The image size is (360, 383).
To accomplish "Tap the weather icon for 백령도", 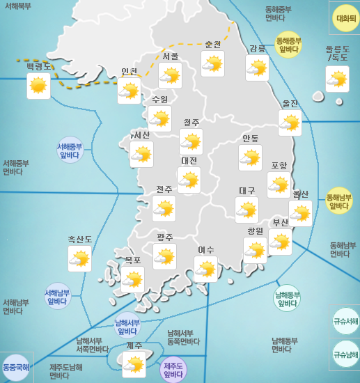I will coord(39,86).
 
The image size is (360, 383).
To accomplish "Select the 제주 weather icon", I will coord(134,364).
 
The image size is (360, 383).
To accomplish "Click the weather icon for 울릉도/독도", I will coord(337,80).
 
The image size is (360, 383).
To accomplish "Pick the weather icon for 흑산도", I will coord(80,260).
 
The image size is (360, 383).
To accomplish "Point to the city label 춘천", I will coord(212,44).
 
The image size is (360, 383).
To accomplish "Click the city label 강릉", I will coord(257,48).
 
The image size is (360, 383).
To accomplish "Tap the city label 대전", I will coord(189,160).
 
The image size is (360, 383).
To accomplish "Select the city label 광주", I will coord(165,237).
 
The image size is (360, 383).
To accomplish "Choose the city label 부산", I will coord(280,223).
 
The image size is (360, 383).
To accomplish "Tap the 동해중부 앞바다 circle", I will coord(288,45).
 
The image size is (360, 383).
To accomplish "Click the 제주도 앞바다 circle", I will coord(173,370).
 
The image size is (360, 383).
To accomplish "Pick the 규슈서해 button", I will coord(345,322).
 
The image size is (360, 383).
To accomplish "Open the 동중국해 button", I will coord(15,367).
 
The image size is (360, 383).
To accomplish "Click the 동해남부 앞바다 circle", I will coord(339,201).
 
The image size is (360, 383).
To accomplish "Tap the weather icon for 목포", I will coord(132,279).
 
